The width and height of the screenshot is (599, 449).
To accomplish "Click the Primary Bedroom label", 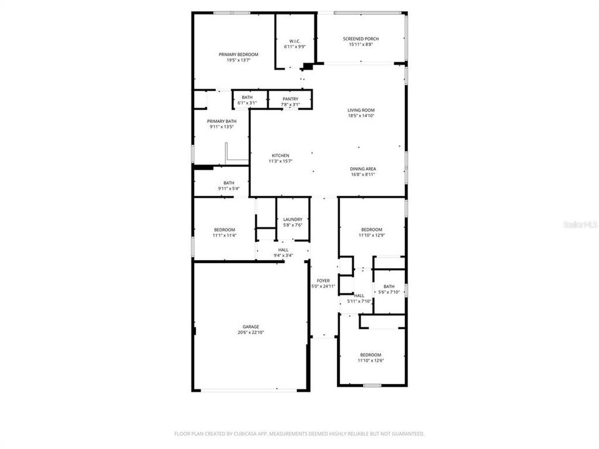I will pos(238,55).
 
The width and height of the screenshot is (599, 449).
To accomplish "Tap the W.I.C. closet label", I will pos(295,41).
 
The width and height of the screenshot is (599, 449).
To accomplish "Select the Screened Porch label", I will pos(361,39).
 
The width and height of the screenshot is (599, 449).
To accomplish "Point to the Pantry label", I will pos(290,99).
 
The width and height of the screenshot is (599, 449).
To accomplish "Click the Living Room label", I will pos(361,110).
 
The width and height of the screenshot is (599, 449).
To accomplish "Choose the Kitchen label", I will pos(280,155).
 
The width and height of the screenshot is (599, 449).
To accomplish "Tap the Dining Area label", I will pos(363,169).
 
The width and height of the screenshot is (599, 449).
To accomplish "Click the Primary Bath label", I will pos(222,121).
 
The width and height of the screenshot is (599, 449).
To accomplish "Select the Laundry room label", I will pos(293,220).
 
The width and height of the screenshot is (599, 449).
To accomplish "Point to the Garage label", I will pos(251,327).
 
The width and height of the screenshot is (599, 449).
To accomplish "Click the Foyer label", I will pos(323,281).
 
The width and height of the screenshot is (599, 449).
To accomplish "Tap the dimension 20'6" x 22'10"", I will pos(251,333).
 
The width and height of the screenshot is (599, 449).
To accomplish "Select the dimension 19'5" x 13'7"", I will pos(238,60).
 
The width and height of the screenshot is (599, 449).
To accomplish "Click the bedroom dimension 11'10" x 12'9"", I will pos(372,236).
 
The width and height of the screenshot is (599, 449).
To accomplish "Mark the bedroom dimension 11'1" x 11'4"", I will pos(224,236).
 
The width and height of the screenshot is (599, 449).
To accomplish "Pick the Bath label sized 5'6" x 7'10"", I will pos(389,286).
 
